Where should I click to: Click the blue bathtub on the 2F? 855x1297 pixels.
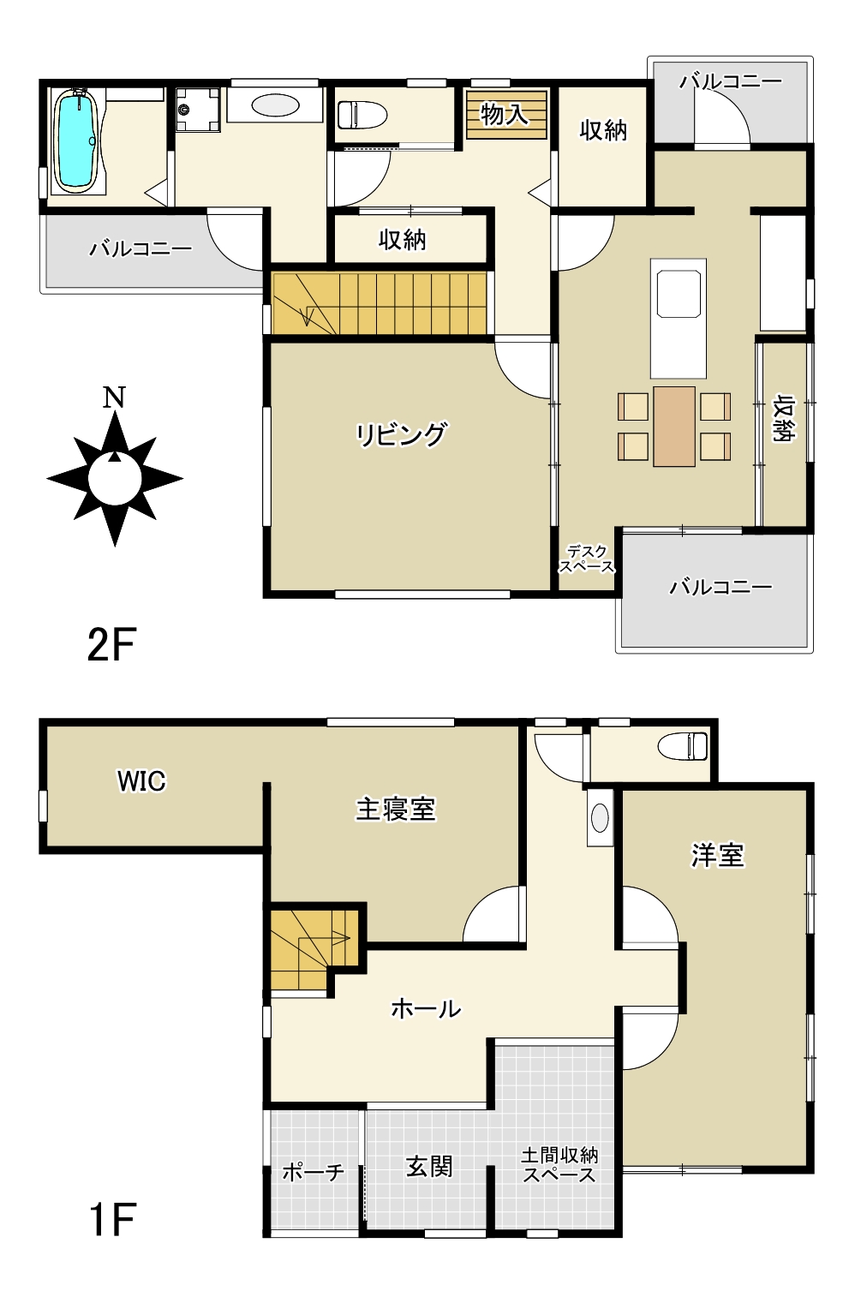(x=75, y=141)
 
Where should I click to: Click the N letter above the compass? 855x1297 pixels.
(x=114, y=398)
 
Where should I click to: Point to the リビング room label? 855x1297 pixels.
(x=401, y=434)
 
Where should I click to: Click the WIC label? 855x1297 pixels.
(x=141, y=781)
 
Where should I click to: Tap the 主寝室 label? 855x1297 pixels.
(x=396, y=810)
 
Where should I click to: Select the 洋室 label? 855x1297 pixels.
(x=718, y=855)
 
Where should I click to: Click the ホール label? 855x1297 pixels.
(x=426, y=1009)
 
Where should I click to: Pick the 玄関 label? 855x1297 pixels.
(x=429, y=1167)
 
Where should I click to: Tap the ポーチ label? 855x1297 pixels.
(x=313, y=1172)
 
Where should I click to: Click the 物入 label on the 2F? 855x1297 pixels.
(x=504, y=115)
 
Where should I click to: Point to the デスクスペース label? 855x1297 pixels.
(x=587, y=559)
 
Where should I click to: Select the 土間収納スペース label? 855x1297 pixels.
(x=559, y=1165)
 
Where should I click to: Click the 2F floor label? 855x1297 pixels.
(x=111, y=645)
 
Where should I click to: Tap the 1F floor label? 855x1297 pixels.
(x=112, y=1220)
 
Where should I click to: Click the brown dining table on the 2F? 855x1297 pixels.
(x=673, y=427)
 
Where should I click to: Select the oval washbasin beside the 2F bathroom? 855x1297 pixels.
(x=276, y=105)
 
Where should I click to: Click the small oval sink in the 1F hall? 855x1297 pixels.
(x=600, y=818)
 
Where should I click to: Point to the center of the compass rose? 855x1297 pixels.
(x=115, y=478)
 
